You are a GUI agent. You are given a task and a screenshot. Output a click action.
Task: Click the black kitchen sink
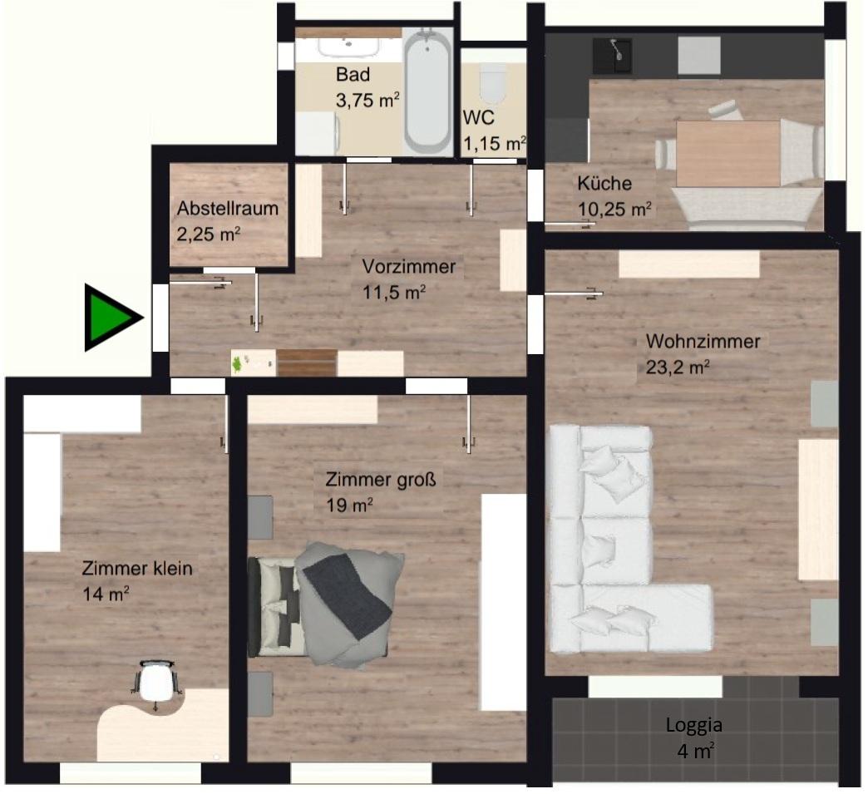click(612, 56)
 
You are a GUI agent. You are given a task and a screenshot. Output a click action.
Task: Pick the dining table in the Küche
click(728, 154)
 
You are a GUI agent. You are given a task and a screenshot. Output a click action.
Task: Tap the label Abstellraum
click(228, 209)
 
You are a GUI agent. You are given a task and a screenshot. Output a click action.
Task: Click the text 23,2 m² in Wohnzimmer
click(678, 367)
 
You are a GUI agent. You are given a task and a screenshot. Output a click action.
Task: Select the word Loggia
click(693, 725)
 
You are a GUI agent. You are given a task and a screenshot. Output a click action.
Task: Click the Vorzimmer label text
click(408, 266)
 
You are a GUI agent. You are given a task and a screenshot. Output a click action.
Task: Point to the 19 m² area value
click(348, 505)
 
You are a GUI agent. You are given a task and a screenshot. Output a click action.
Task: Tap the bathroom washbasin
click(348, 47)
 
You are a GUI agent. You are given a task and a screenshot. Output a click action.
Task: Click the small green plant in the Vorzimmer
click(237, 364)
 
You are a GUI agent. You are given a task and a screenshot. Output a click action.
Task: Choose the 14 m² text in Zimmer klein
click(106, 594)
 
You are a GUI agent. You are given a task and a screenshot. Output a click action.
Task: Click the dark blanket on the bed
click(348, 595)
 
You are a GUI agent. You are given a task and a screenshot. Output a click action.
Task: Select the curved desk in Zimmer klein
click(163, 725)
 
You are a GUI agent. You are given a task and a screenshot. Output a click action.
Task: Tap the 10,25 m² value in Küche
click(614, 210)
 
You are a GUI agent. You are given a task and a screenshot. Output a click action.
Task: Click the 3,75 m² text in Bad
click(367, 101)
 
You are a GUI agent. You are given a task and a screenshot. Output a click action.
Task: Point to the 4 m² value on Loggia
click(695, 752)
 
